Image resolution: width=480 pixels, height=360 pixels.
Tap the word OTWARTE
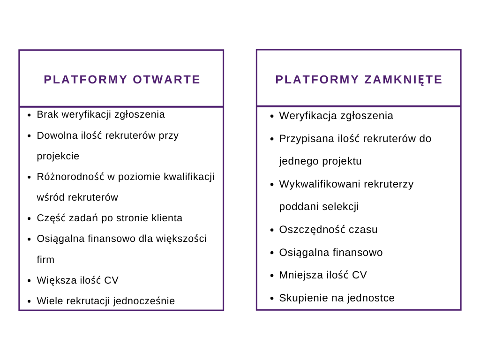[x=166, y=80]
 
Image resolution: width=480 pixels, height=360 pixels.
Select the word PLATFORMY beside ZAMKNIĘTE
[x=317, y=80]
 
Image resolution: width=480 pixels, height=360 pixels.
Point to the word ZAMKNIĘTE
[x=404, y=80]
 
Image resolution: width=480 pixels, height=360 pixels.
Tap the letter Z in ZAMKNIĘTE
[x=368, y=80]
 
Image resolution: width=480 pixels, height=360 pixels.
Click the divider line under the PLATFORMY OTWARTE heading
[x=121, y=107]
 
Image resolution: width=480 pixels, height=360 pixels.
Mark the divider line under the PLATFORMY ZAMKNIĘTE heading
[x=359, y=106]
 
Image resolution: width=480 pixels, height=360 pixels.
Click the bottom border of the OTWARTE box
[x=121, y=310]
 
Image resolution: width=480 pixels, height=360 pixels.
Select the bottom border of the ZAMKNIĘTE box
[x=359, y=309]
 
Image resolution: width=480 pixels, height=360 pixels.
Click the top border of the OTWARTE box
[x=121, y=50]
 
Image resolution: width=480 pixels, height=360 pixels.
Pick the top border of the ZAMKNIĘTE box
[x=359, y=50]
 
